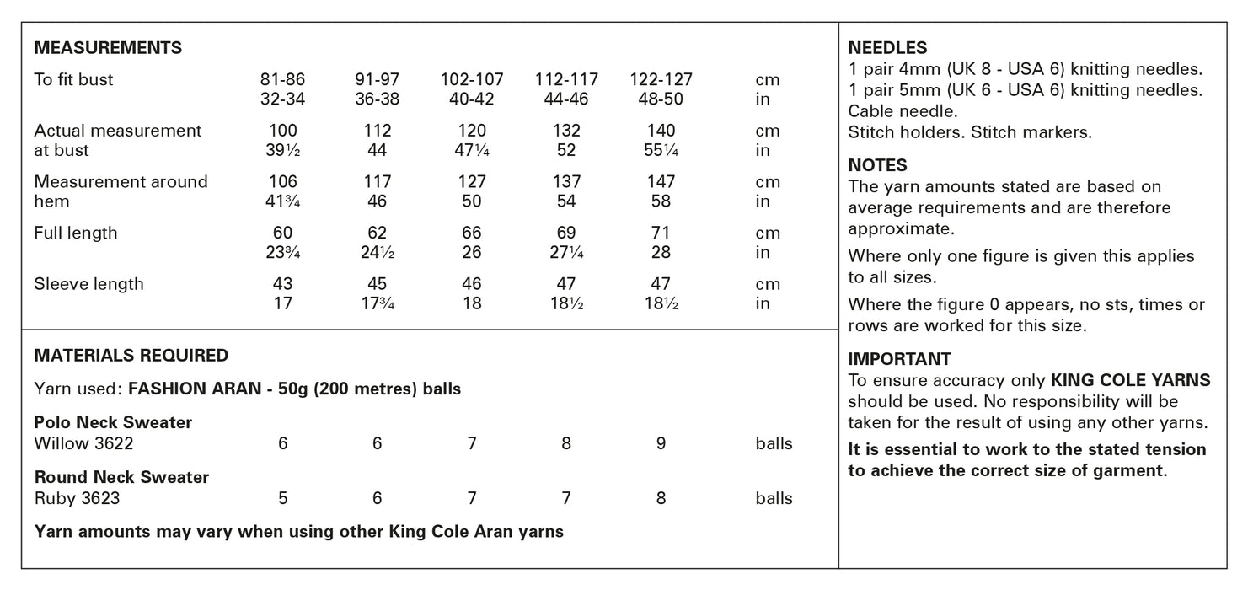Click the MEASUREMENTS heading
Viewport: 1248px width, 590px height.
[108, 48]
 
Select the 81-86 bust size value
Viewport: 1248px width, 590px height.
[283, 80]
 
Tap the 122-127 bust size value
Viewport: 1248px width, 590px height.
[661, 80]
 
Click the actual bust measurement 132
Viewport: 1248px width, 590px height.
[566, 131]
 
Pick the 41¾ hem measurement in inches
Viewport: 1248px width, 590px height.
[283, 201]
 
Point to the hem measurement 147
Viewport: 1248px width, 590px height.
[661, 182]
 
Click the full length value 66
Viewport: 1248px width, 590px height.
[472, 233]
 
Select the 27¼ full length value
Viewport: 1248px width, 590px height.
[566, 252]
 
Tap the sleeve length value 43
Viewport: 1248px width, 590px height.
[283, 284]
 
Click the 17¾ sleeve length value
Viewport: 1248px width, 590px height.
[378, 303]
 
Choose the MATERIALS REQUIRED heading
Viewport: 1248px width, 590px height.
[131, 356]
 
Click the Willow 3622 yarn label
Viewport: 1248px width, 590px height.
[83, 443]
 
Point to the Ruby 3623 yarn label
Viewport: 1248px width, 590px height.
[78, 498]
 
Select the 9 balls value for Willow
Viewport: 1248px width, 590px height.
[661, 443]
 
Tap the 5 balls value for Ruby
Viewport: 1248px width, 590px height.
[283, 498]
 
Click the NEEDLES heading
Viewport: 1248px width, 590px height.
[887, 48]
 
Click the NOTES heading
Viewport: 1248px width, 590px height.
[877, 165]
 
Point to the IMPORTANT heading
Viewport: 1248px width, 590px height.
[899, 359]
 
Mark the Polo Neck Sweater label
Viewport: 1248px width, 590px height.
[114, 422]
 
